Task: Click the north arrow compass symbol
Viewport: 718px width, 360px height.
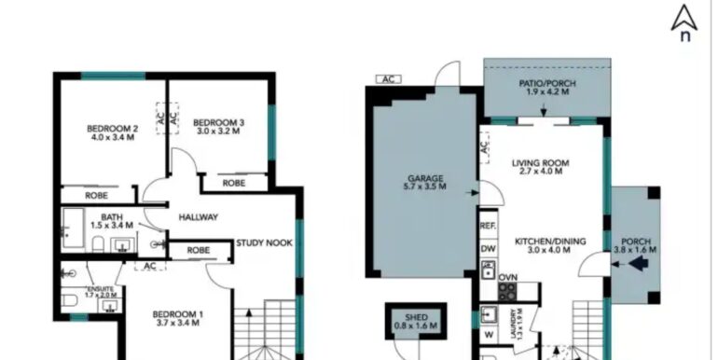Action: (684, 22)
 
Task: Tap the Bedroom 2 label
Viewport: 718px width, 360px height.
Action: (112, 129)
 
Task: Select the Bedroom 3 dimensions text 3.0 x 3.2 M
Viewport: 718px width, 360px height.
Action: (218, 132)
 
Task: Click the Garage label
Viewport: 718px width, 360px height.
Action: (425, 178)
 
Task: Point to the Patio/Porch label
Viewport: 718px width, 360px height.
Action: (547, 83)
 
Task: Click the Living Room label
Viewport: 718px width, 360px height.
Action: (540, 163)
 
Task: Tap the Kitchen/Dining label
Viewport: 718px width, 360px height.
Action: (550, 242)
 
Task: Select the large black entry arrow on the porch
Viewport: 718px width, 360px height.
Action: (641, 263)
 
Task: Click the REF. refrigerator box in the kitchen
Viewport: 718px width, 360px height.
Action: (489, 226)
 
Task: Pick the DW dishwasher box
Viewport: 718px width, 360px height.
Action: (489, 249)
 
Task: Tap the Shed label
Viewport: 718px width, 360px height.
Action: (417, 317)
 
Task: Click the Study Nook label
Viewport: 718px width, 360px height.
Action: (264, 243)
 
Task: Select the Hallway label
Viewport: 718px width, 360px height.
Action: (198, 217)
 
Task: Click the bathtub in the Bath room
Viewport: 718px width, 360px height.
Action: (74, 228)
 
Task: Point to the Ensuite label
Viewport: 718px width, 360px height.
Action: (101, 289)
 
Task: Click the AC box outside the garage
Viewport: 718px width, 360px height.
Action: (388, 79)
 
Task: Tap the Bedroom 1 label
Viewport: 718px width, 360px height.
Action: (178, 314)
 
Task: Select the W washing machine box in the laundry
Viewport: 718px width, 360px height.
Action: (489, 335)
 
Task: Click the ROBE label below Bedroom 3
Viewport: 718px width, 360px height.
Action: (233, 183)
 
